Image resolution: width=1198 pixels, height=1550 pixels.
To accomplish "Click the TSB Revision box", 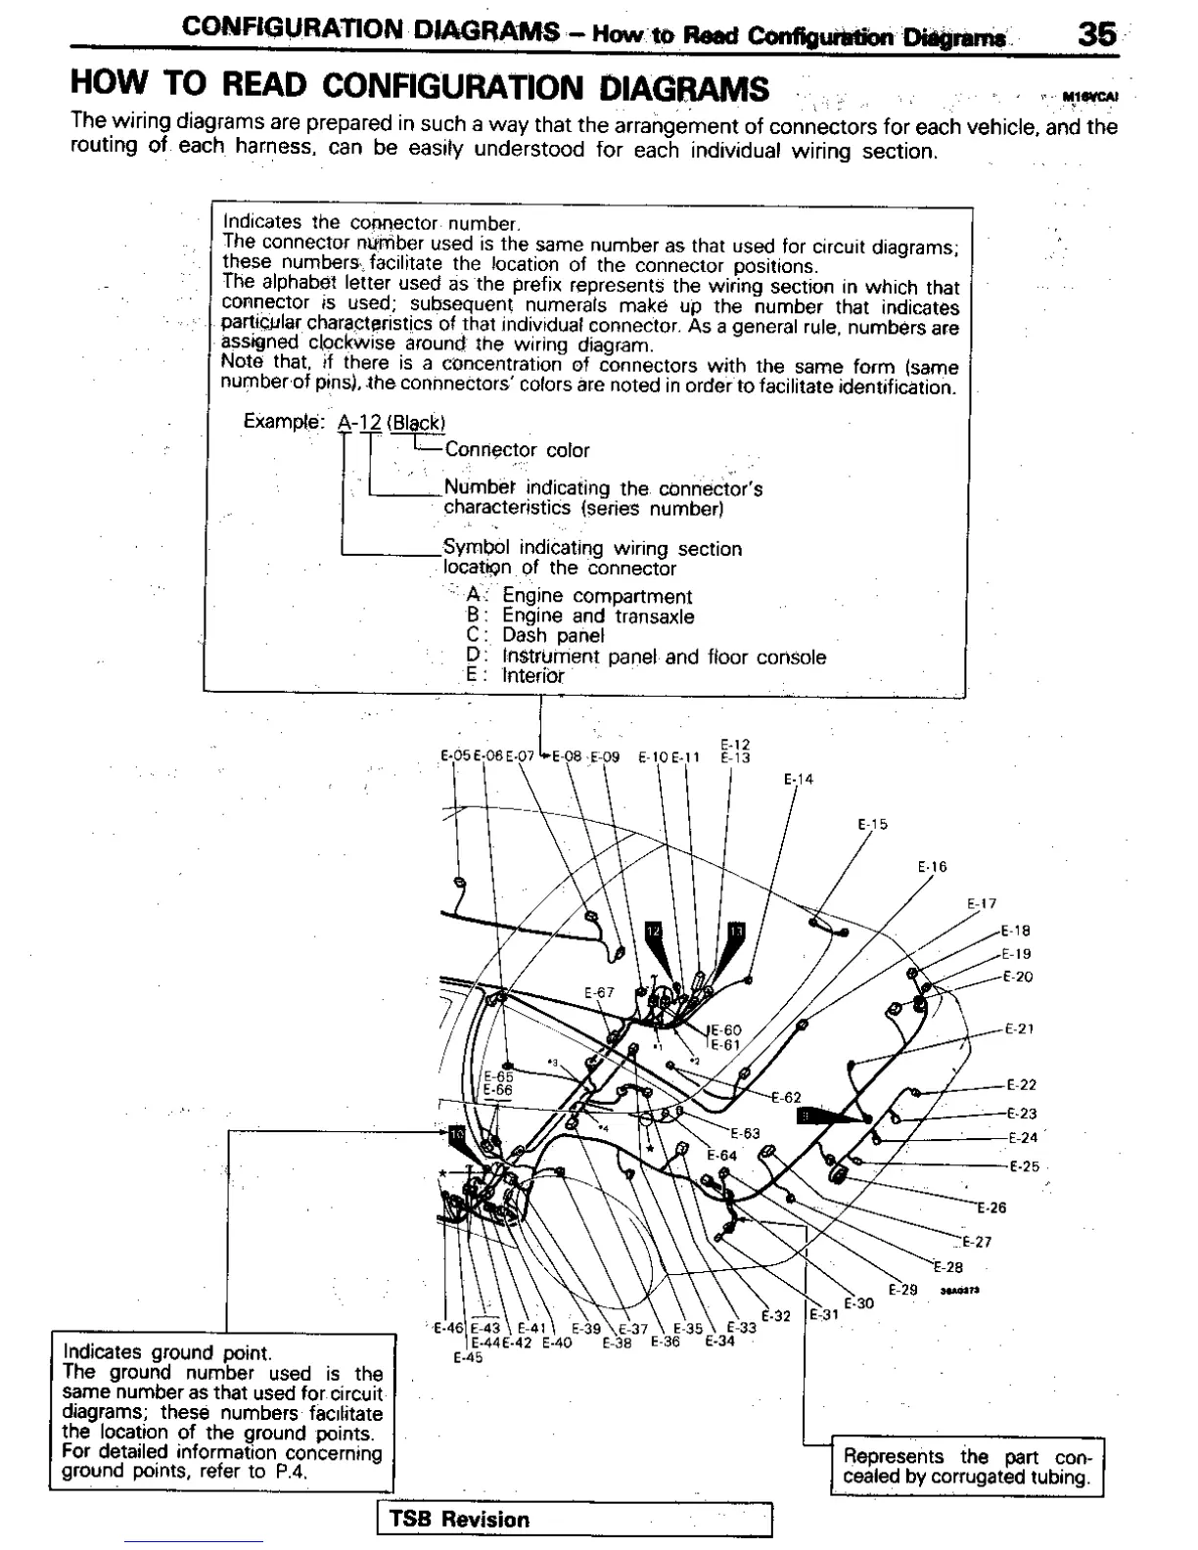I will point(575,1519).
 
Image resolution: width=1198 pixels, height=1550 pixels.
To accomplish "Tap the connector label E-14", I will point(799,780).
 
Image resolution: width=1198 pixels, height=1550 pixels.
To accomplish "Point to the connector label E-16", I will point(932,867).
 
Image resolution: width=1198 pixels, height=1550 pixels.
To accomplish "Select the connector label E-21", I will point(1021,1028).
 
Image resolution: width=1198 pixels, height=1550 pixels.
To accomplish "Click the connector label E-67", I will point(599,992).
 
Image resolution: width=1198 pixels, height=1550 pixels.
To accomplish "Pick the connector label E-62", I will point(786,1097).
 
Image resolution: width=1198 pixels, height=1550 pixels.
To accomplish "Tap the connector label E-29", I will point(902,1289).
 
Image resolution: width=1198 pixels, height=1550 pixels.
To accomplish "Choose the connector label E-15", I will point(872,824).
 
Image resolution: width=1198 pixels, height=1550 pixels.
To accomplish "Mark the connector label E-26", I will point(991,1208).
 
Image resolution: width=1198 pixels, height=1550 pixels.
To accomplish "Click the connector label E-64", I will point(722,1155).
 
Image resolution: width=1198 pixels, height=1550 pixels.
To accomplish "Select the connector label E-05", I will point(455,755).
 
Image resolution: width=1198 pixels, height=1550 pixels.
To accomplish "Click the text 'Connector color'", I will point(517,450).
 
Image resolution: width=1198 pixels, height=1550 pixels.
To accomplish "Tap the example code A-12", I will point(358,423).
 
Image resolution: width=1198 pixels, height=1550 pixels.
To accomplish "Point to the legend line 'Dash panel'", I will point(553,635).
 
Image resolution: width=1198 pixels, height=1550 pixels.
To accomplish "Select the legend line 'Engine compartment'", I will point(596,596).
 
